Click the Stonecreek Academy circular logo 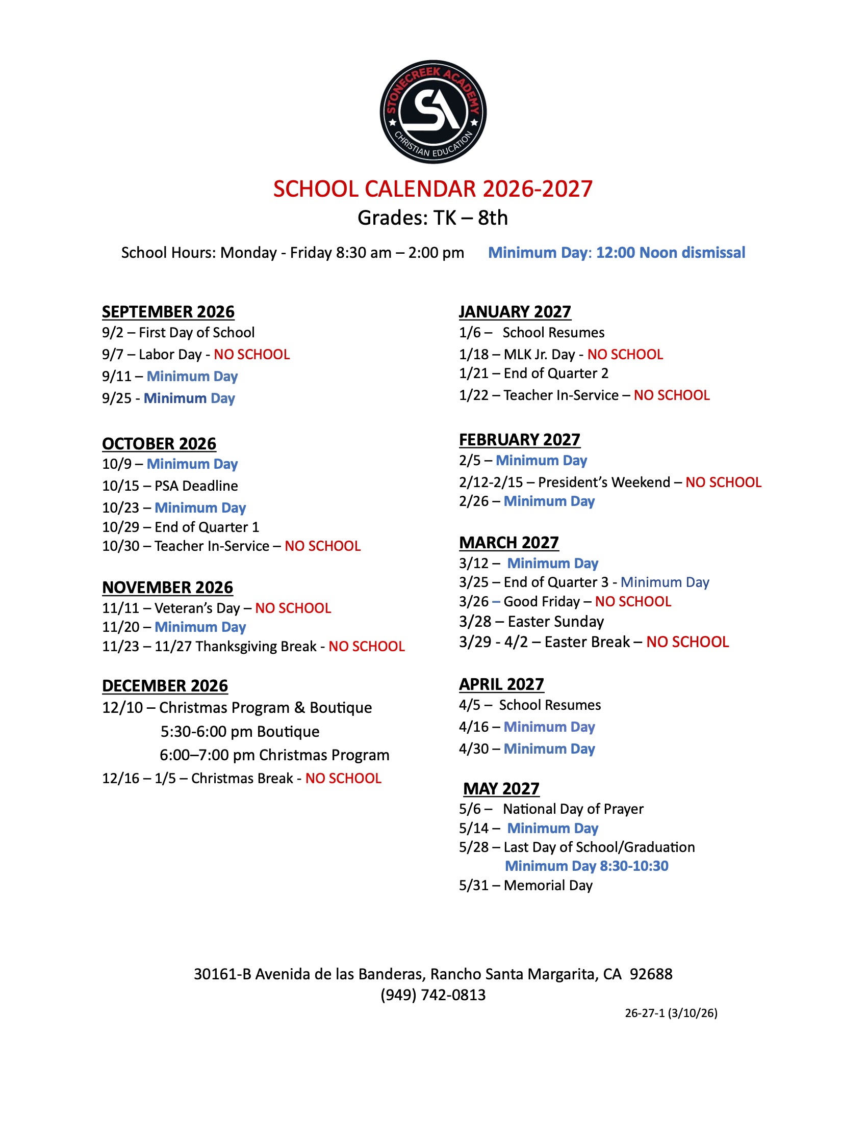click(433, 112)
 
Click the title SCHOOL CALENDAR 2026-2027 click(433, 189)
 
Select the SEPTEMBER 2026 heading click(168, 311)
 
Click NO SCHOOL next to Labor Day click(251, 354)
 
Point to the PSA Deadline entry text click(196, 486)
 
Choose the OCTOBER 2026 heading click(159, 443)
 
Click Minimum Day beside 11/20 click(200, 627)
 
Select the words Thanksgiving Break click(256, 646)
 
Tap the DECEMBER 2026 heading click(165, 686)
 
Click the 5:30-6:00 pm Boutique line click(240, 731)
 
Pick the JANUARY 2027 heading click(515, 311)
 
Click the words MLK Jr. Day click(539, 354)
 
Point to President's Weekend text click(604, 482)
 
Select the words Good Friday click(541, 601)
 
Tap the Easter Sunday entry click(556, 622)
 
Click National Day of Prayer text click(573, 809)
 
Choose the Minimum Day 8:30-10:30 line click(586, 866)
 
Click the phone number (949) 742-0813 click(433, 995)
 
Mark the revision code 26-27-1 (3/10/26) click(671, 1012)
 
